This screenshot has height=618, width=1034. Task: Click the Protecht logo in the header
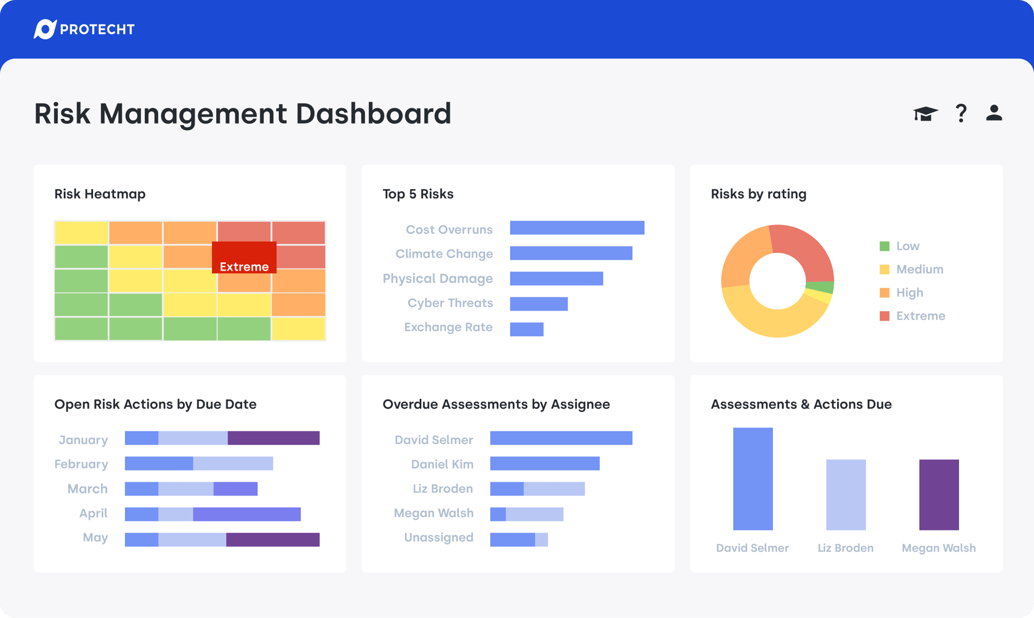click(x=84, y=29)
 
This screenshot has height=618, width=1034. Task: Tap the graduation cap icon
click(x=925, y=113)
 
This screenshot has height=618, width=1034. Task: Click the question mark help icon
click(x=961, y=113)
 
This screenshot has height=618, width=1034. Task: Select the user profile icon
click(x=994, y=113)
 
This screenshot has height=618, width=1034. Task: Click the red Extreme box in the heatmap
click(x=244, y=257)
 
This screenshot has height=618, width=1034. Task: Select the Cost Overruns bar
click(x=577, y=228)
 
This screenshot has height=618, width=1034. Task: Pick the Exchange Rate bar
click(x=526, y=329)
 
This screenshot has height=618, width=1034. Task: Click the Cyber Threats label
click(x=450, y=303)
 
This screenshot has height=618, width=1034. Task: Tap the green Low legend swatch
click(x=885, y=246)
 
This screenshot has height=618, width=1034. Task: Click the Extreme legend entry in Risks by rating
click(x=920, y=316)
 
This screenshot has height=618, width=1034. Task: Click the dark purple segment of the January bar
click(x=273, y=438)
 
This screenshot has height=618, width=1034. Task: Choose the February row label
click(x=81, y=464)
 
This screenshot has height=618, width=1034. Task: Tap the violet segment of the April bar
click(x=247, y=514)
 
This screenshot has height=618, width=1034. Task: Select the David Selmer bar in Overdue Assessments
click(x=561, y=438)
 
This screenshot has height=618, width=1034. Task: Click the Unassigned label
click(x=438, y=537)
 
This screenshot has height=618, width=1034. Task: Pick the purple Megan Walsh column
click(x=939, y=494)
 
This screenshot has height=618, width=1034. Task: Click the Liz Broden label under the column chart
click(x=845, y=548)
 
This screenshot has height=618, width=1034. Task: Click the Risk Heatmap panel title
click(x=100, y=194)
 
